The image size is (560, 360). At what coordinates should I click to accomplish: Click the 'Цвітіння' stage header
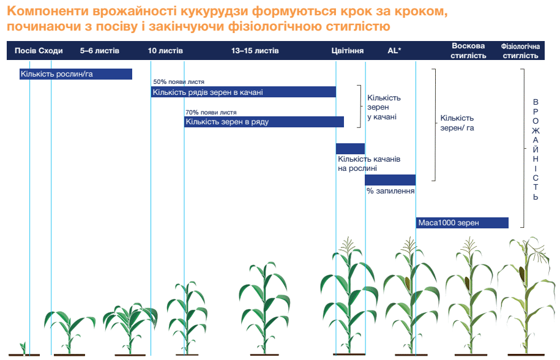pyautogui.click(x=347, y=51)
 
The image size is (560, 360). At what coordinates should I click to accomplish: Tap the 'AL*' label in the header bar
pyautogui.click(x=394, y=51)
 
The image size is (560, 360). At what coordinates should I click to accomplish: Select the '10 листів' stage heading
pyautogui.click(x=165, y=51)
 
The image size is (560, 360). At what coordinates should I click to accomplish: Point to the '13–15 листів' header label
pyautogui.click(x=255, y=51)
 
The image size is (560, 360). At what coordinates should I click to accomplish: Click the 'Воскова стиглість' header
pyautogui.click(x=468, y=51)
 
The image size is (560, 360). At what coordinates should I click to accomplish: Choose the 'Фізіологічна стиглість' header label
pyautogui.click(x=520, y=51)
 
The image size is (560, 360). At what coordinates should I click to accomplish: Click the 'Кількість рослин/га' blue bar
pyautogui.click(x=76, y=74)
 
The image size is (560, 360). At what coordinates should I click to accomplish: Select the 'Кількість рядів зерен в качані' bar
pyautogui.click(x=243, y=92)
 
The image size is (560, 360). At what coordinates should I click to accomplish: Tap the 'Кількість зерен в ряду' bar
pyautogui.click(x=264, y=122)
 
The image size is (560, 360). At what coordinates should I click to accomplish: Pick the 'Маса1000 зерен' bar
pyautogui.click(x=462, y=223)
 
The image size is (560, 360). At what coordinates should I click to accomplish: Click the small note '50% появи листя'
pyautogui.click(x=179, y=82)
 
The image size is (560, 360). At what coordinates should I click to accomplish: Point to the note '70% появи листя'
pyautogui.click(x=211, y=112)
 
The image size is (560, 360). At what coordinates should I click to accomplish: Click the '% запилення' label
pyautogui.click(x=390, y=191)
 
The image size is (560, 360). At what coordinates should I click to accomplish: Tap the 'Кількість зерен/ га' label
pyautogui.click(x=457, y=123)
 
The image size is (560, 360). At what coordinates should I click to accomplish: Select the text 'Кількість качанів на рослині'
pyautogui.click(x=369, y=163)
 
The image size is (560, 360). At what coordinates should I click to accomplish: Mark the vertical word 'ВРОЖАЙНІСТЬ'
pyautogui.click(x=536, y=149)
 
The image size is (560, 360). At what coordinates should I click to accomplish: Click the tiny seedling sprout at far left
pyautogui.click(x=23, y=348)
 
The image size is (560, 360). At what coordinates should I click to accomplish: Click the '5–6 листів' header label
pyautogui.click(x=100, y=51)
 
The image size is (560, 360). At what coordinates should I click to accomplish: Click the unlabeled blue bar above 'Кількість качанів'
pyautogui.click(x=350, y=149)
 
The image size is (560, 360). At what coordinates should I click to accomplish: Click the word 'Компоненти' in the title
pyautogui.click(x=48, y=12)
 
